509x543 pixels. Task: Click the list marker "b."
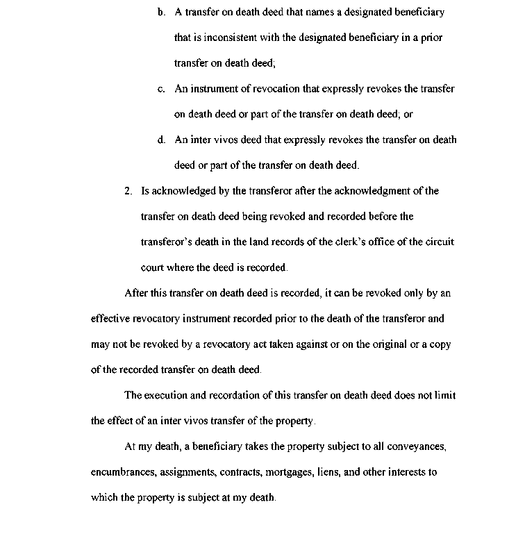(x=161, y=12)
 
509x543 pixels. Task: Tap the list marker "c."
(x=161, y=89)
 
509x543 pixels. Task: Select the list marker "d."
(x=161, y=140)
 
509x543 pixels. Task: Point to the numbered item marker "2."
(x=128, y=190)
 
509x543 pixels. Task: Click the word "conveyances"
(x=412, y=446)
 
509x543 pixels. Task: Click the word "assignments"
(x=187, y=472)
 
